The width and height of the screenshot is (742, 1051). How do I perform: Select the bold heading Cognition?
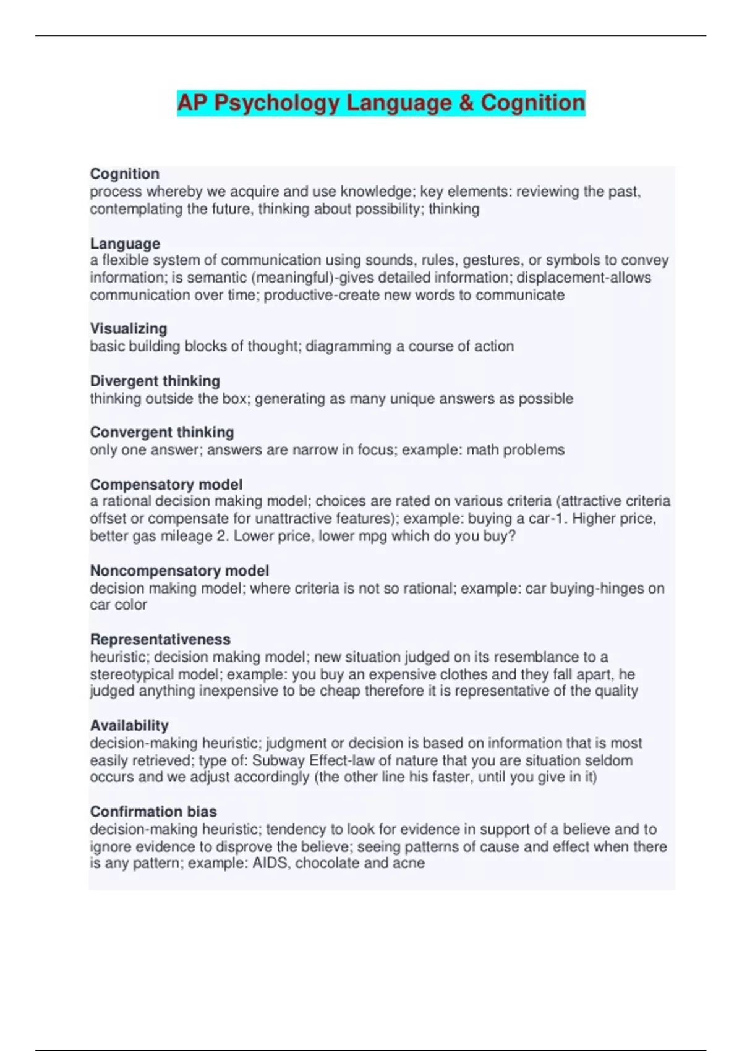(x=124, y=174)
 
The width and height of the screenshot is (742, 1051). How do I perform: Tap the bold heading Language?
(x=125, y=244)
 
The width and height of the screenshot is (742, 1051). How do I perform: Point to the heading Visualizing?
(x=129, y=328)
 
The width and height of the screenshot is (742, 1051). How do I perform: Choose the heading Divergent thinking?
(x=155, y=381)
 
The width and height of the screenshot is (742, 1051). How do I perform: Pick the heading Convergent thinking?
(x=162, y=432)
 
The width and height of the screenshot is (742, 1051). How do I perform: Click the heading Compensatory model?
(x=166, y=485)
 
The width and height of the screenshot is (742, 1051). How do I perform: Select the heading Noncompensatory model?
(x=179, y=571)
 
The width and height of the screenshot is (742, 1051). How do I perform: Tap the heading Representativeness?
(x=160, y=639)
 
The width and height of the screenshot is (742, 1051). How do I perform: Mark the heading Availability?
(x=129, y=725)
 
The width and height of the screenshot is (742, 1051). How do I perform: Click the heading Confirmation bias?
(x=153, y=811)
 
